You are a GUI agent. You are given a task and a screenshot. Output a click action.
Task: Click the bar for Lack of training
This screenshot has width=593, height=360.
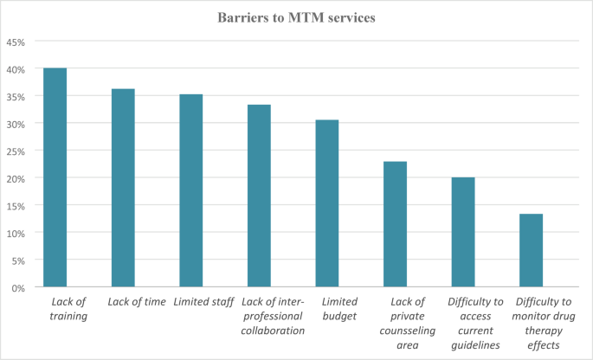pyautogui.click(x=55, y=177)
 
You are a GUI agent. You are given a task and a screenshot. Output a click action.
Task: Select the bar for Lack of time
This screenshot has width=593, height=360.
pyautogui.click(x=122, y=188)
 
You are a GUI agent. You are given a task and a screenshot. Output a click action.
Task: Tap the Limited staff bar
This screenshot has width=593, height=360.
pyautogui.click(x=190, y=190)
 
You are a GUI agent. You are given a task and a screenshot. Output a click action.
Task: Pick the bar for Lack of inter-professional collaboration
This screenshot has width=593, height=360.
pyautogui.click(x=259, y=196)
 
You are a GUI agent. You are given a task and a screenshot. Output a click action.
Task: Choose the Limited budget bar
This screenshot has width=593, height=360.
pyautogui.click(x=326, y=203)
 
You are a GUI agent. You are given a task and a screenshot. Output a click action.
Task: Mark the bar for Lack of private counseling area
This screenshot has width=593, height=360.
pyautogui.click(x=395, y=224)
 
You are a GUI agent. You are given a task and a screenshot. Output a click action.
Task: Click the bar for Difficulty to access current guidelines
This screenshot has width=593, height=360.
pyautogui.click(x=463, y=232)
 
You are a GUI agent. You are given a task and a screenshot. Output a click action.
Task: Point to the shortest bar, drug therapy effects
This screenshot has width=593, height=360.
pyautogui.click(x=531, y=250)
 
